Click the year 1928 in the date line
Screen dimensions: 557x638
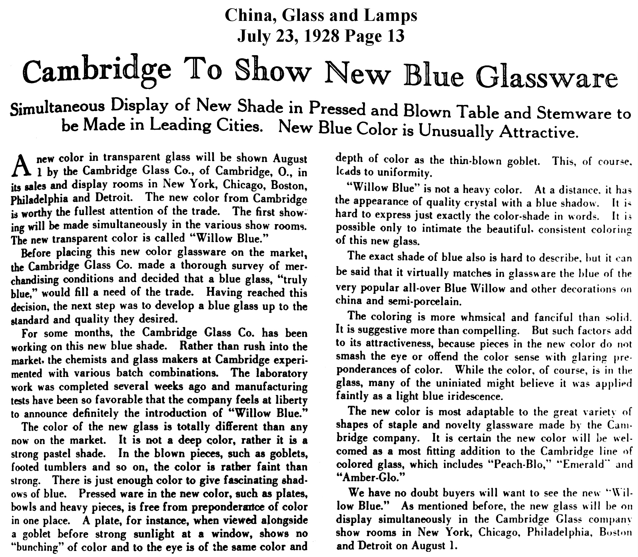[x=322, y=36]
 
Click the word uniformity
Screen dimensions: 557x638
[x=404, y=173]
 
